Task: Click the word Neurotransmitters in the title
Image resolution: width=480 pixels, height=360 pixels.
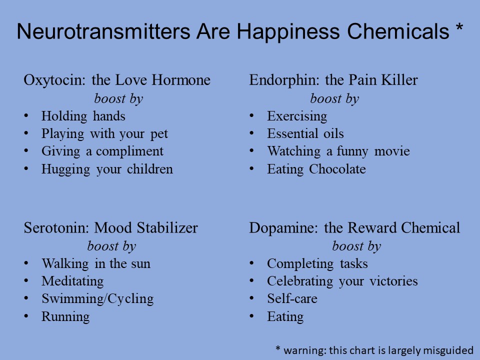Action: pos(103,31)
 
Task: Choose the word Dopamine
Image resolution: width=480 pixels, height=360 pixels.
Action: pos(283,228)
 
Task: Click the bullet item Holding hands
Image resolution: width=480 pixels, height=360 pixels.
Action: pos(83,116)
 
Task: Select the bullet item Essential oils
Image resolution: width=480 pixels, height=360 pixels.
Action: pos(305,134)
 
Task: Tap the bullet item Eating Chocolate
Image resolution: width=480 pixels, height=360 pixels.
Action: pos(316,169)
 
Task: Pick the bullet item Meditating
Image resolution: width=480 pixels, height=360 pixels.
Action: pos(72,281)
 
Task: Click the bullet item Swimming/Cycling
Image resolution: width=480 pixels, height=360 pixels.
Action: pos(97,299)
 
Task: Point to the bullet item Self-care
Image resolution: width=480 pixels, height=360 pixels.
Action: pos(292,299)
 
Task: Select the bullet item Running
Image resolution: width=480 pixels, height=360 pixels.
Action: pos(65,317)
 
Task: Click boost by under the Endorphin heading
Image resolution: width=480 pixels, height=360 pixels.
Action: pos(334,99)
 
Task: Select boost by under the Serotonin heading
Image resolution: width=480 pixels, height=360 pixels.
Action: pos(111,246)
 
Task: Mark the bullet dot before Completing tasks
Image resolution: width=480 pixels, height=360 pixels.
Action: pos(251,263)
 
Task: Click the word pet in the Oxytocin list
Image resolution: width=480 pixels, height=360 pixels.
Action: pos(159,134)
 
